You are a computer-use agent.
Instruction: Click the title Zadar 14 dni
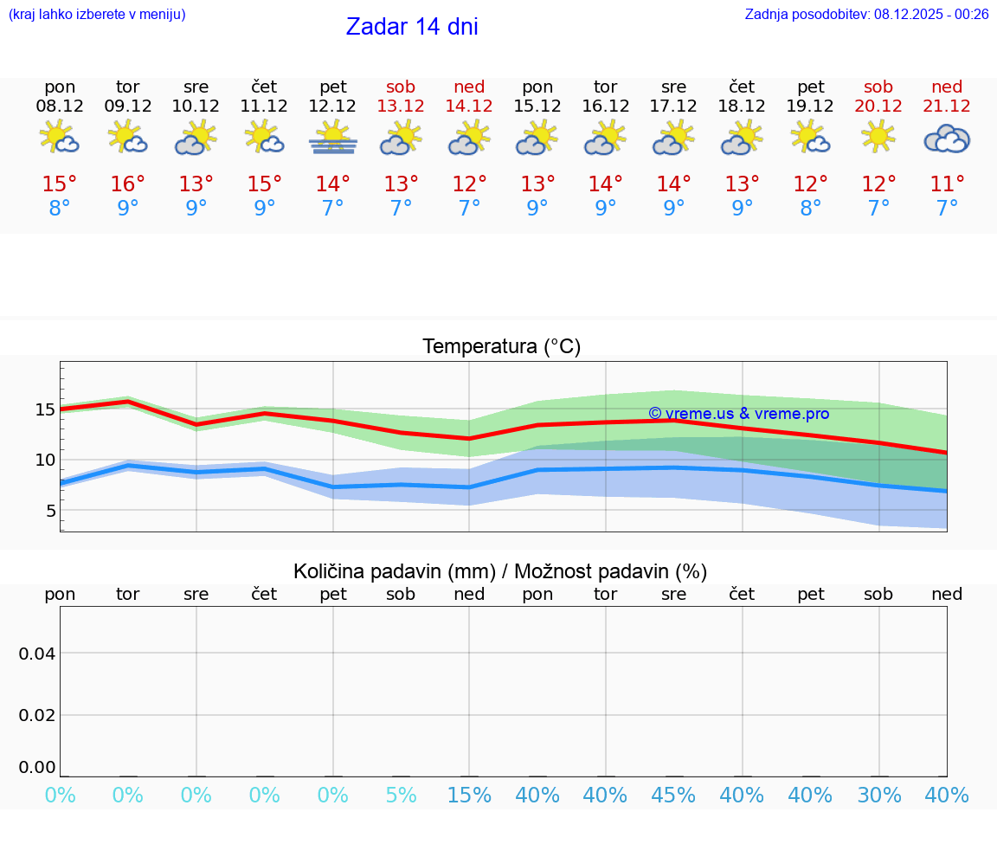tap(412, 27)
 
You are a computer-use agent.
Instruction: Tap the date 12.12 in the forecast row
tap(332, 106)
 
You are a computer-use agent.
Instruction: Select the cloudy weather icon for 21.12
tap(947, 139)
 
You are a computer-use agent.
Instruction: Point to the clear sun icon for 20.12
tap(878, 137)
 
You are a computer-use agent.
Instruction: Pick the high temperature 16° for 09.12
tap(128, 184)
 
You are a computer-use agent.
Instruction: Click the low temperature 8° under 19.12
tap(810, 209)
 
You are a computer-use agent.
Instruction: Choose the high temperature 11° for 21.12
tap(947, 184)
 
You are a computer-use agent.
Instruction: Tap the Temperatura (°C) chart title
tap(501, 347)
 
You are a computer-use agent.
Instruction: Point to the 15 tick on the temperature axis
tap(45, 409)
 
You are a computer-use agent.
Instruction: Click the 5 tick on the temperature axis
tap(50, 511)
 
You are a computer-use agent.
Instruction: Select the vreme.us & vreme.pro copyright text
tap(738, 414)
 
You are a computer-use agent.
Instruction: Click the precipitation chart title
tap(500, 571)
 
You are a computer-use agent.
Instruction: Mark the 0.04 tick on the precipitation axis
tap(37, 654)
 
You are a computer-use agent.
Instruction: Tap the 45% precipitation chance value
tap(673, 796)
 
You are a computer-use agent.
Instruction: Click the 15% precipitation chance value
tap(469, 796)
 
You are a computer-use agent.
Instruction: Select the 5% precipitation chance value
tap(401, 796)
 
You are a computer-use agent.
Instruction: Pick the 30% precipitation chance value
tap(878, 796)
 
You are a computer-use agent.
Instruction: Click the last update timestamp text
tap(866, 14)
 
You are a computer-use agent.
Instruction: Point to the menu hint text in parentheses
tap(97, 14)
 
